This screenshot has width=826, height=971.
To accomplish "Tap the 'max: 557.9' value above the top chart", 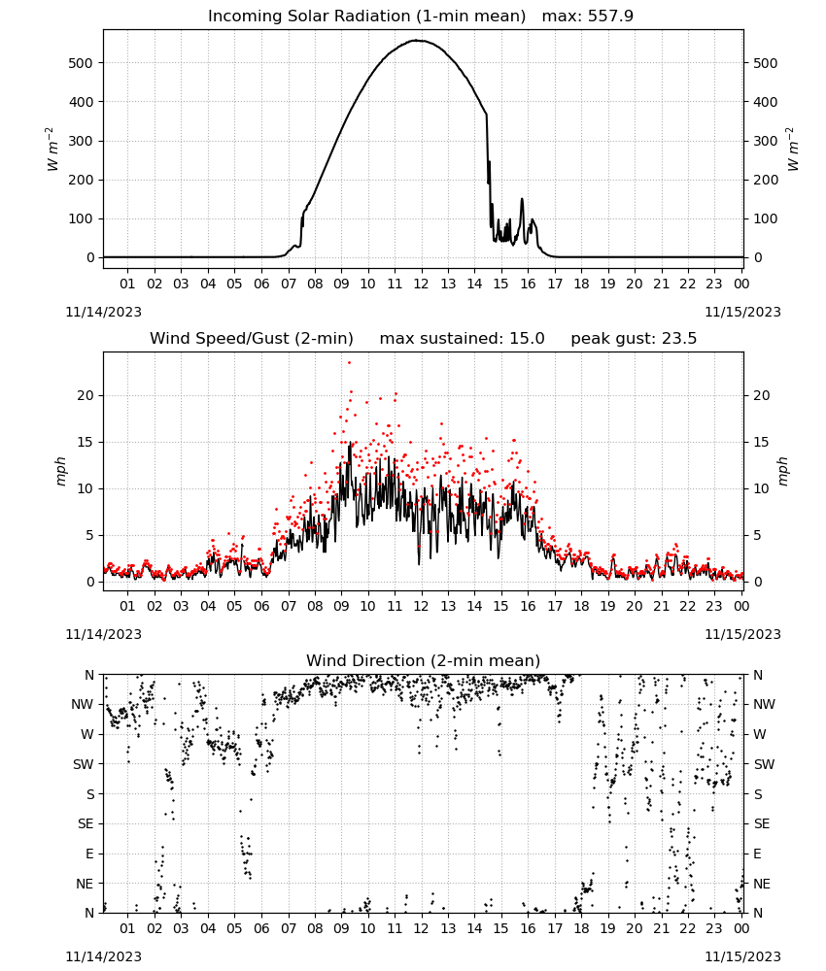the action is [x=588, y=17].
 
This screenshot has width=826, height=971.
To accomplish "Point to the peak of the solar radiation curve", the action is [x=418, y=41].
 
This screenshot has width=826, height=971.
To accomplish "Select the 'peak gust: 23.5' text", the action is [x=634, y=339].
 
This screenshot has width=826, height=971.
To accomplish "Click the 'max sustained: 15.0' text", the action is [x=462, y=339].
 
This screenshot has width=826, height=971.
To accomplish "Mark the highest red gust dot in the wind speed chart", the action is [x=349, y=363].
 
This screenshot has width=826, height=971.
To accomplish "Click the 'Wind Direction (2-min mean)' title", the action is [x=424, y=660].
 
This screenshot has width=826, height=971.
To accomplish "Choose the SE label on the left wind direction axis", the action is [x=86, y=823].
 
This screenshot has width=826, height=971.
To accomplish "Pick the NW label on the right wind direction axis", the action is [x=764, y=704].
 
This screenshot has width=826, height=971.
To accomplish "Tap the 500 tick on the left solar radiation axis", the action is [x=82, y=63].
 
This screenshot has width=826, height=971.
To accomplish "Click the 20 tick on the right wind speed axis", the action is [x=761, y=396].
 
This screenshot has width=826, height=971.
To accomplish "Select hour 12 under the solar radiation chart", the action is [x=421, y=284].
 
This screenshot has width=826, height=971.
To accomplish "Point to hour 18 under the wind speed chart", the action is [x=581, y=606].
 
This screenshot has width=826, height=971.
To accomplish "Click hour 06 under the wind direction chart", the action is [x=260, y=929].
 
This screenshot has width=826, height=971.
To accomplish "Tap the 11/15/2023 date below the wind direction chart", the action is [x=742, y=956].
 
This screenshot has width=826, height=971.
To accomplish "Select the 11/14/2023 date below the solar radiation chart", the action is [x=103, y=312].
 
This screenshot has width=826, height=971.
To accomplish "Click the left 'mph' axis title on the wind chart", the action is [x=60, y=471].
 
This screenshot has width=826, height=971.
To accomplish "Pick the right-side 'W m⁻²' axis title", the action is [x=793, y=150].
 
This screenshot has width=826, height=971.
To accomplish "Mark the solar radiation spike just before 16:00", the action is [x=522, y=199].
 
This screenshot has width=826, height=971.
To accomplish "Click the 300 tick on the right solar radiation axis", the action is [x=766, y=141].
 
